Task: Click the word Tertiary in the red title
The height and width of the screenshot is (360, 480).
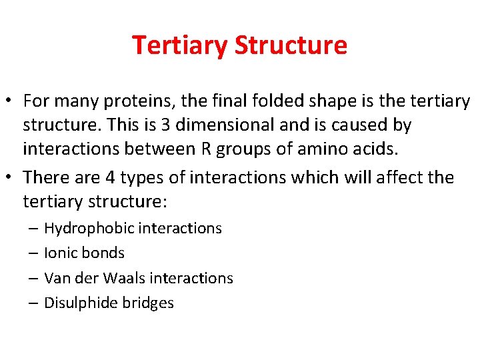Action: tap(180, 45)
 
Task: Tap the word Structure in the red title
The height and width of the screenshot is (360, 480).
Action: tap(291, 45)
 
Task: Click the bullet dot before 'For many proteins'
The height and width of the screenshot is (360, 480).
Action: tap(11, 102)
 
